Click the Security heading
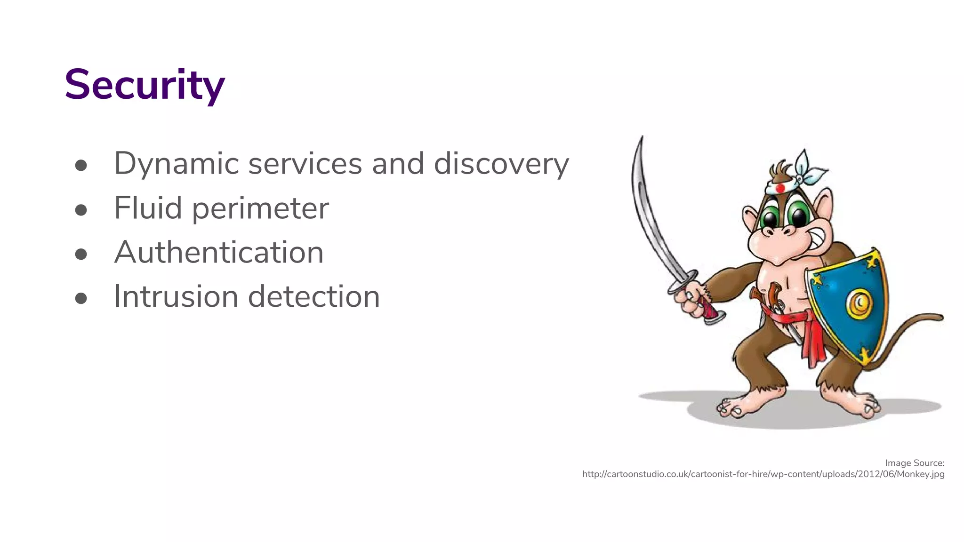(145, 85)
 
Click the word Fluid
(148, 208)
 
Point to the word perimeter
(260, 209)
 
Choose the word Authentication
(219, 252)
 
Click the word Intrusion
(176, 296)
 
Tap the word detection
(313, 296)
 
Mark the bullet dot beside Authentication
(81, 254)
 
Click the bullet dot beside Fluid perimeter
(81, 210)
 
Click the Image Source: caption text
(915, 463)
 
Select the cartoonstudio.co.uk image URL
(763, 474)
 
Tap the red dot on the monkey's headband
(780, 188)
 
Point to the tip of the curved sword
(642, 138)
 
